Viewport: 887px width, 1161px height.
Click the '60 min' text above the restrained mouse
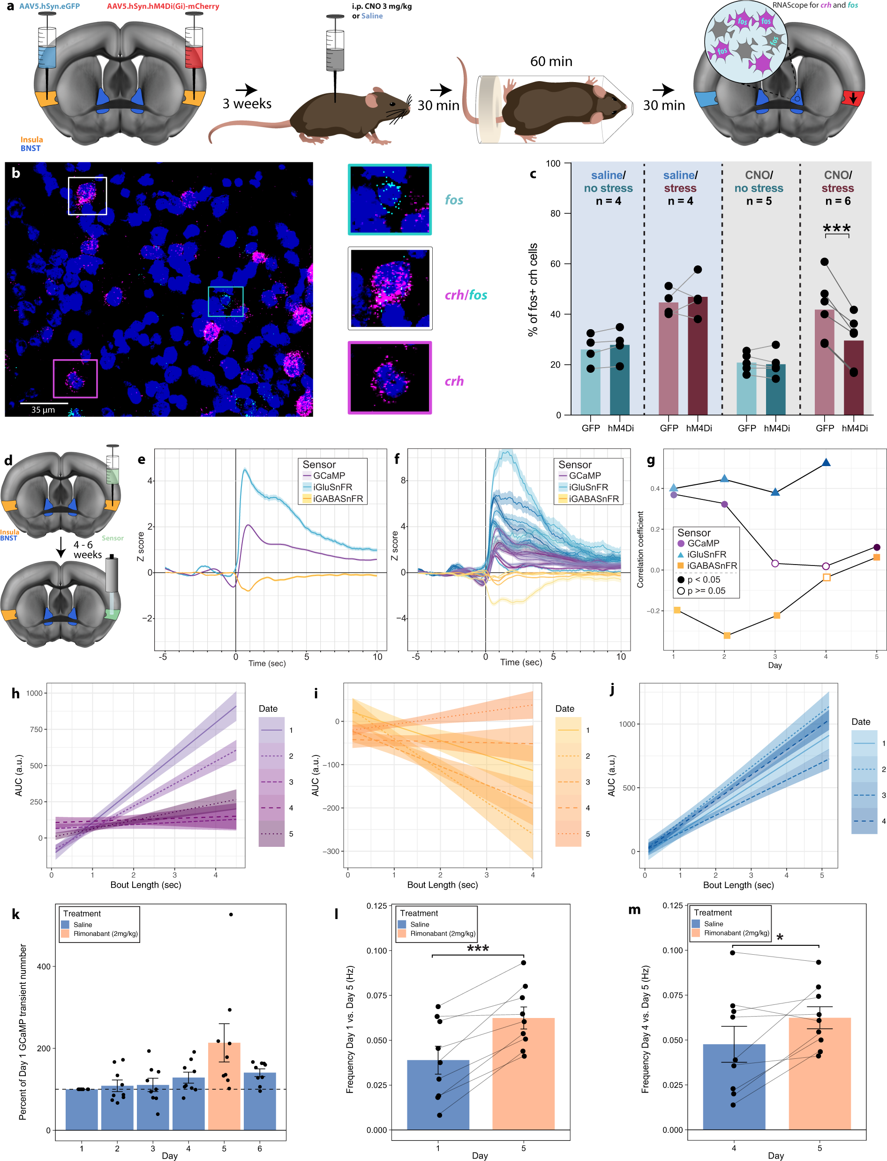[551, 61]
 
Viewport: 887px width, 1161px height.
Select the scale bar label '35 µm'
[43, 410]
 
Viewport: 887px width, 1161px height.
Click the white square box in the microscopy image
[87, 196]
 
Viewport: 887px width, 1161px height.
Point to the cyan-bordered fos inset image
[390, 200]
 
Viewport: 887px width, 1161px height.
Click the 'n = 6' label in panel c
[837, 201]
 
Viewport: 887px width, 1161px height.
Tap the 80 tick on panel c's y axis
[555, 213]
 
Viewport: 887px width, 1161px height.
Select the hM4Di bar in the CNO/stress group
[853, 377]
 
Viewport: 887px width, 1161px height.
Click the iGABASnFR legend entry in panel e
[337, 498]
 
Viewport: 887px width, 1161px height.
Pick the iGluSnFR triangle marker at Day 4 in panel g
[826, 462]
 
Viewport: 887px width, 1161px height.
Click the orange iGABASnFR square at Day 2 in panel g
[727, 635]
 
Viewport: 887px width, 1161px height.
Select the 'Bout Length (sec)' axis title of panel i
[442, 884]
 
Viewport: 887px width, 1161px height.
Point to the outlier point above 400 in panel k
[231, 914]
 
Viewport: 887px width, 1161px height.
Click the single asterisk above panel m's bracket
[779, 938]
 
